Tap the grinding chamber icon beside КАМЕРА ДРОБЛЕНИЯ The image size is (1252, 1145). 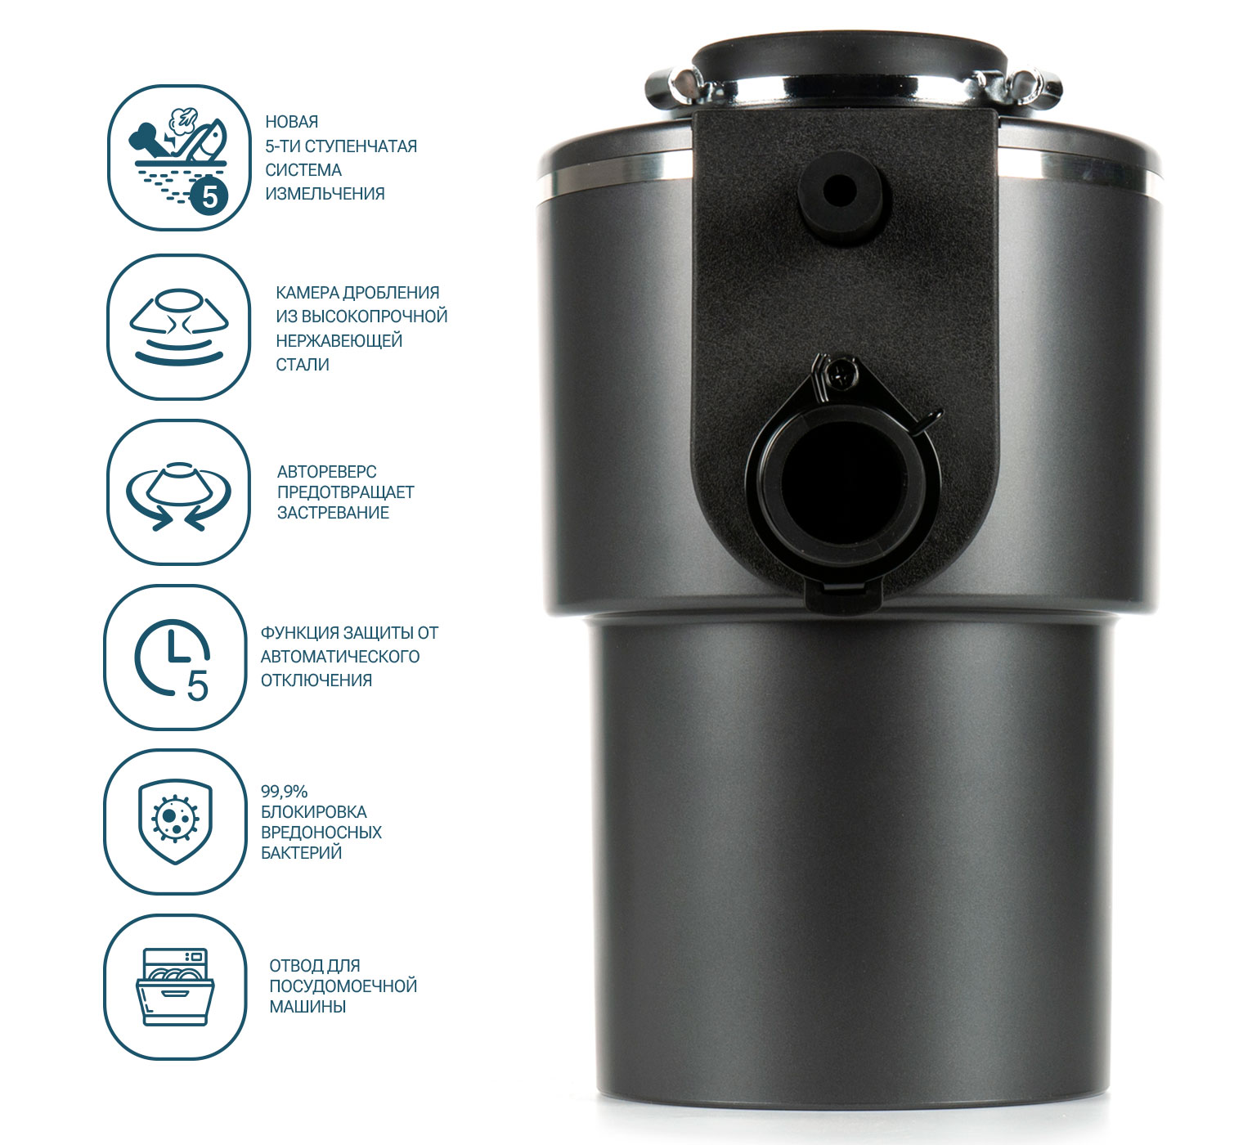coord(179,326)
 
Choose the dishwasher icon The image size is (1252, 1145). coord(176,987)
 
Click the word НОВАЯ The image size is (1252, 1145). coord(291,122)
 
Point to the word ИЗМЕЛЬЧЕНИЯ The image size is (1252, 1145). coord(325,194)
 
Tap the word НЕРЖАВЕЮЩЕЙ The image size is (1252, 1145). coord(339,341)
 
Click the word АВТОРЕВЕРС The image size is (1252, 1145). coord(326,471)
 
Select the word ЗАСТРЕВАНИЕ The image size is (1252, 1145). coord(333,513)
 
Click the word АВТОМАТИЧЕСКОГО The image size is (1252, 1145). coord(340,657)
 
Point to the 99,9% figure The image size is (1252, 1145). coord(284,792)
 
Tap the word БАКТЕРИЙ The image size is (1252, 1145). coord(302,853)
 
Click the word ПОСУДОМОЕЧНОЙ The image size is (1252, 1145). coord(343,986)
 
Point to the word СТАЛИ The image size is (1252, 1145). coord(302,365)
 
